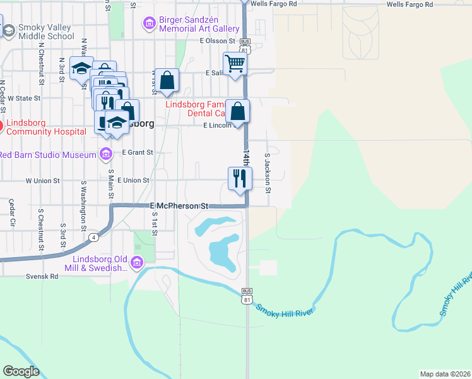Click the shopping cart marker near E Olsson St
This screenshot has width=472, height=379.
click(235, 63)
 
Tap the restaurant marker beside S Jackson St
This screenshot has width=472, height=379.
click(240, 177)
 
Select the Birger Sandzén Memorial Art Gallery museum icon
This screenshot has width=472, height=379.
click(150, 24)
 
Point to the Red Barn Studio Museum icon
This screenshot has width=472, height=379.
click(105, 153)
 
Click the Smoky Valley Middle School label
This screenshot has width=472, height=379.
click(46, 32)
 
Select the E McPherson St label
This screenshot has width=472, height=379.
click(179, 206)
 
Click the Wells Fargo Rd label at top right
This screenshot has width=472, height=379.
click(410, 4)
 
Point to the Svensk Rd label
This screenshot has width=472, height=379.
click(42, 277)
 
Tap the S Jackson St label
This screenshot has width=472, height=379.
click(268, 172)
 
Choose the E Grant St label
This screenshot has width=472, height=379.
click(138, 152)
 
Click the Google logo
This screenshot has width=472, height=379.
click(21, 371)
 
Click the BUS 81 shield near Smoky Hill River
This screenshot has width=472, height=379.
click(246, 294)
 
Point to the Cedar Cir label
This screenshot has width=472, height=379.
click(11, 212)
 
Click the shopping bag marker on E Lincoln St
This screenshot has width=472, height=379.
click(237, 111)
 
